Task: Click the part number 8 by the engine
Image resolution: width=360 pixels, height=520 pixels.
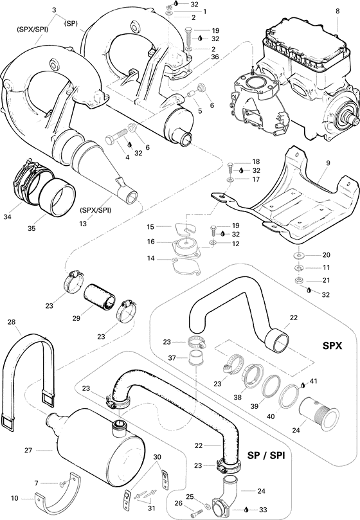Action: tap(337, 11)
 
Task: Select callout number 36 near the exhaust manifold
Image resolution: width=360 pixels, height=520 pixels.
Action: tap(197, 57)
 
